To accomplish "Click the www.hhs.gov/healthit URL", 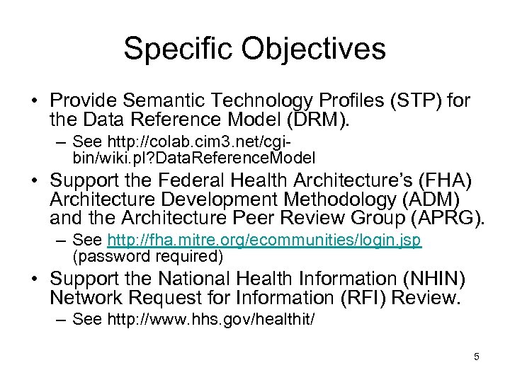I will coord(210,320).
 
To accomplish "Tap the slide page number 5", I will coord(477,357).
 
